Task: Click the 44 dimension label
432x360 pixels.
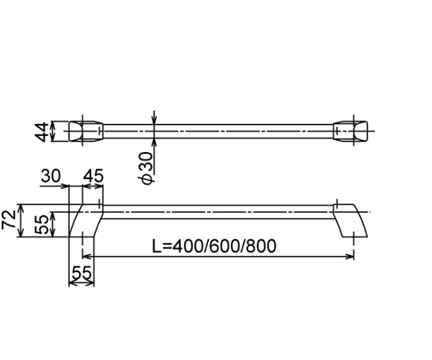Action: pyautogui.click(x=42, y=132)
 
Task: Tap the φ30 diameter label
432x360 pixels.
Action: pyautogui.click(x=146, y=168)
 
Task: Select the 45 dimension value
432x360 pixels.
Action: pyautogui.click(x=93, y=176)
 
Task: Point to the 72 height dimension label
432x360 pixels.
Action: pyautogui.click(x=9, y=219)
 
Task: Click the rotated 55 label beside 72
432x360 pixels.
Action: pyautogui.click(x=42, y=225)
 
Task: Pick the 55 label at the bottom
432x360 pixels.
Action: pyautogui.click(x=82, y=273)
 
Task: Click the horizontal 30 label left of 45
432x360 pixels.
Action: pyautogui.click(x=50, y=176)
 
